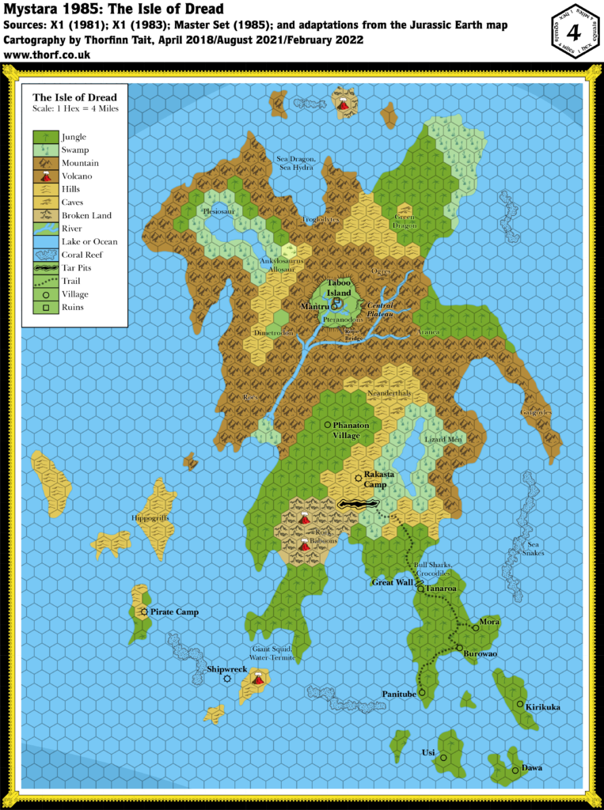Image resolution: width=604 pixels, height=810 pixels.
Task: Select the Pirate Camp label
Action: point(174,612)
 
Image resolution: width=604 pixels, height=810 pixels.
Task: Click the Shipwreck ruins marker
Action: point(227,679)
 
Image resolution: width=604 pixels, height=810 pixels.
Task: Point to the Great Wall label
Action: point(393,582)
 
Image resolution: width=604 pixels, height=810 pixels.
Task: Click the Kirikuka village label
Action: point(543,706)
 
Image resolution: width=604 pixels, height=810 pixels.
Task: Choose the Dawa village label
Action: point(532,768)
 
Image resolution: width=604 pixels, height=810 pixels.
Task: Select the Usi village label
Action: point(427,753)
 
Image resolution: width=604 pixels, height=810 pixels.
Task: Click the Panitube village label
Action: point(399,694)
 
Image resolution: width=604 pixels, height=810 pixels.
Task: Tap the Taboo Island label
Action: point(340,287)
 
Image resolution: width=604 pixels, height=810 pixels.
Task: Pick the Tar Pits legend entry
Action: point(75,268)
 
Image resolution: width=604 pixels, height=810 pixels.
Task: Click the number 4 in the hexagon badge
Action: point(576,35)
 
